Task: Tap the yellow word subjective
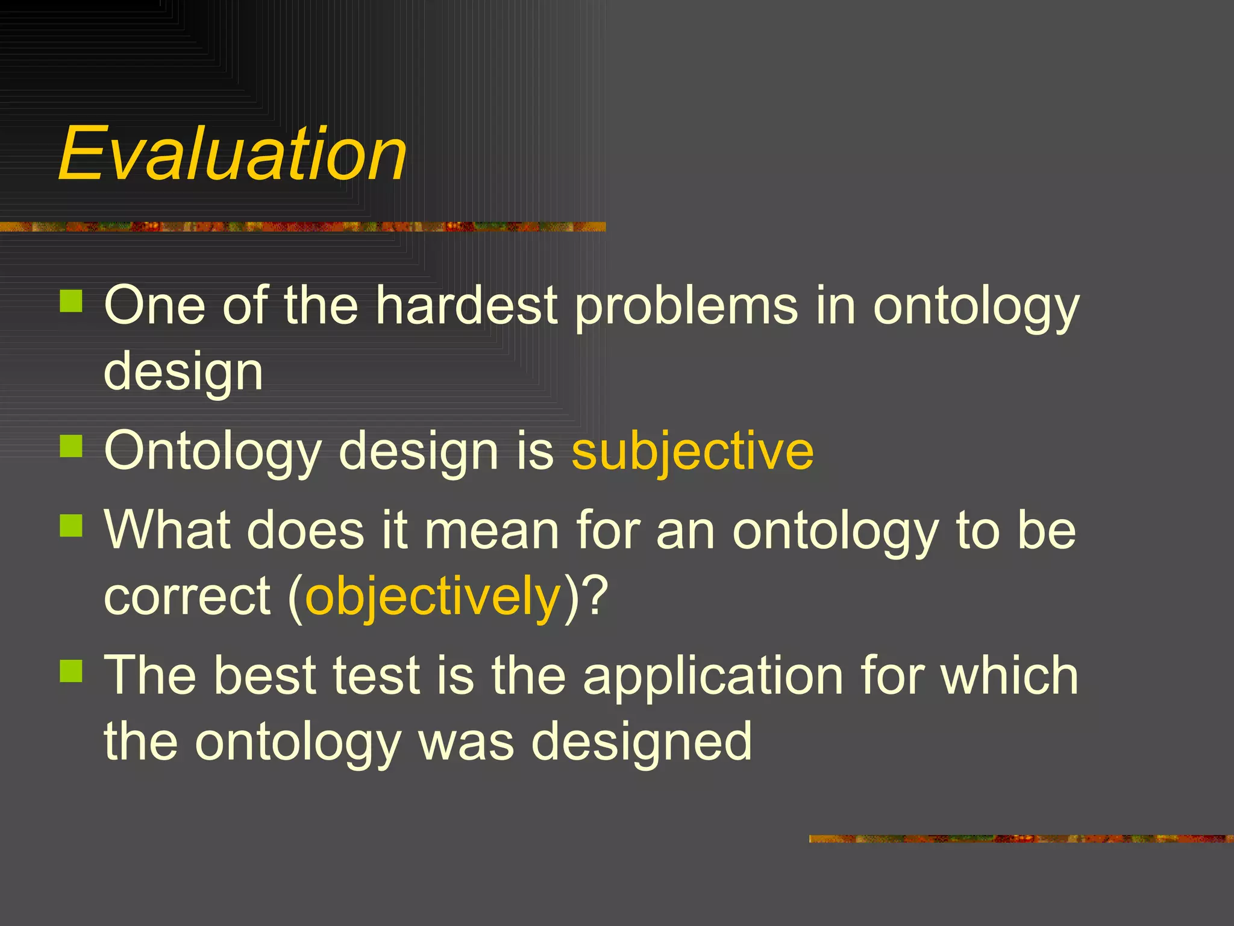point(692,451)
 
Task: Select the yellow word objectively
point(433,597)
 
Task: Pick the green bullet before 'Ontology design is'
point(71,446)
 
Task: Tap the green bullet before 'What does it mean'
point(71,525)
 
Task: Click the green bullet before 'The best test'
point(71,670)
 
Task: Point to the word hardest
point(466,305)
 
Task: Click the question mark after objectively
point(596,596)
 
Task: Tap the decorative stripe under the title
point(301,227)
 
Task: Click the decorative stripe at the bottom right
point(1021,839)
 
